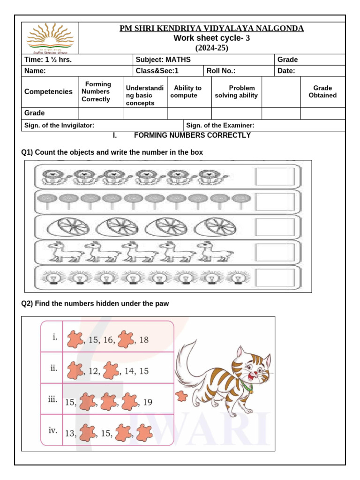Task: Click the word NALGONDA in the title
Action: click(x=280, y=29)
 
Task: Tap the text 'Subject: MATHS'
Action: click(x=163, y=60)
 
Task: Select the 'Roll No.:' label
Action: click(x=221, y=71)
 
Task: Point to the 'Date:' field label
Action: click(x=286, y=71)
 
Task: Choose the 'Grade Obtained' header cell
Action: click(x=322, y=91)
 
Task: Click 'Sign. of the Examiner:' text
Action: click(x=220, y=125)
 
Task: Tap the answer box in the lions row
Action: click(x=275, y=177)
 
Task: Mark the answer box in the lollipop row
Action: click(x=275, y=202)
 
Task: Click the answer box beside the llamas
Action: click(x=275, y=252)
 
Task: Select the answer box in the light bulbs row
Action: click(x=275, y=277)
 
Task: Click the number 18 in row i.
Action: click(x=144, y=340)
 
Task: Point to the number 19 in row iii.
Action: click(x=147, y=402)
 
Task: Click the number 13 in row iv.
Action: click(x=70, y=434)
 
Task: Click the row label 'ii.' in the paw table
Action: click(x=53, y=368)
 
